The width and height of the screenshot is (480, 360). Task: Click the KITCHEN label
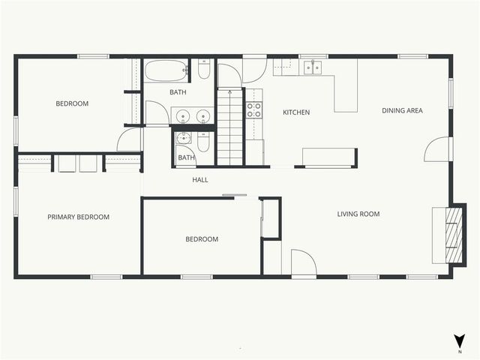coord(295,112)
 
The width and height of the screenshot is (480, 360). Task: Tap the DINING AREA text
coord(402,111)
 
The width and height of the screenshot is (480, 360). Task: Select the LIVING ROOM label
coord(358,214)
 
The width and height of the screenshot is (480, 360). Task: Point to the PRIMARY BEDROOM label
coord(78,217)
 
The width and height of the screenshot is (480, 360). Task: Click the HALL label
coord(200,180)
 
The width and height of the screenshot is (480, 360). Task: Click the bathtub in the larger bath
coord(167,71)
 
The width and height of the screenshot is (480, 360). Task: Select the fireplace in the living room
coord(450,235)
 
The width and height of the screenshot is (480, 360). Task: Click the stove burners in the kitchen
coord(254,111)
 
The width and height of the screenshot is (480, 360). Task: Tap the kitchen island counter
coord(328,155)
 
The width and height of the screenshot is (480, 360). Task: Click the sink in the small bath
coord(184,138)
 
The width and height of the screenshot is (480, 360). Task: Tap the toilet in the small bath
coord(202,142)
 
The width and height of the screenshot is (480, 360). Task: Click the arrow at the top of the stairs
coord(229,93)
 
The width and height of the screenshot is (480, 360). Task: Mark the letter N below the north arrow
coord(459,351)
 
